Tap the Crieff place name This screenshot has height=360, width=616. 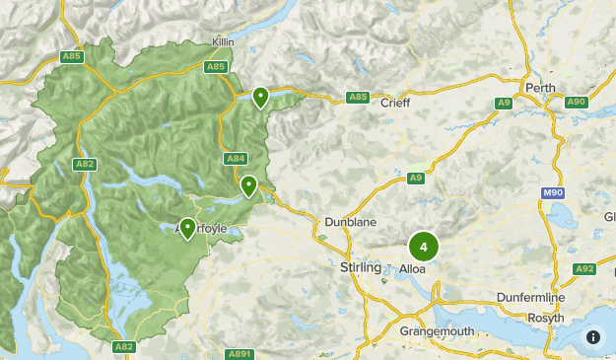tap(394, 103)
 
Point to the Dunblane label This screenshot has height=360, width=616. tap(352, 223)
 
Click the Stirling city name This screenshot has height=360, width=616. tap(359, 268)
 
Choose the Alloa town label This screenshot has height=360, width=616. tap(412, 268)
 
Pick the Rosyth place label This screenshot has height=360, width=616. tap(546, 318)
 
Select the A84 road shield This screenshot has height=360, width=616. tap(236, 158)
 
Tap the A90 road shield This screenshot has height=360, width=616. tap(576, 102)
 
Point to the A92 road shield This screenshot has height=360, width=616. tap(584, 268)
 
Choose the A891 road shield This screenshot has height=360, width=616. tap(239, 353)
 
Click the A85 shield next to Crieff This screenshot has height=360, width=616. tap(358, 98)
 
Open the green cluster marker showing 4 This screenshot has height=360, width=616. tap(424, 247)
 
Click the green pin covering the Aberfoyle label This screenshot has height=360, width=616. tap(187, 229)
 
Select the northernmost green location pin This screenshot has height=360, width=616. tap(260, 96)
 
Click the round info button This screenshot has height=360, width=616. tap(593, 336)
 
